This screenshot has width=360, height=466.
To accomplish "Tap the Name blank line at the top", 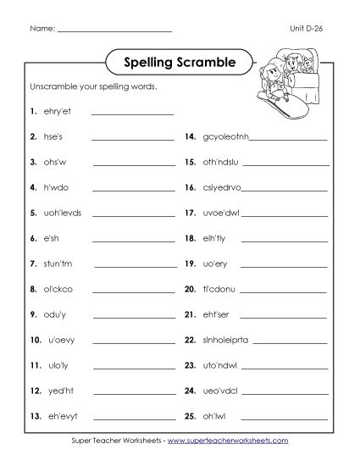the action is coord(114,31).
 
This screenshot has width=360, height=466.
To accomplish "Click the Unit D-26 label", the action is coord(307,28).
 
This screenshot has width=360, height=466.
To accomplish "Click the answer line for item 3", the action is coord(132,164).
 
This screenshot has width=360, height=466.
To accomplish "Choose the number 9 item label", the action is coord(32,314).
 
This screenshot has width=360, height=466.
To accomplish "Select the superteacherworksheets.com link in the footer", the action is coord(228,441).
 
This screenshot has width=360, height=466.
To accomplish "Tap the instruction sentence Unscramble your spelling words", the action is coord(93,87).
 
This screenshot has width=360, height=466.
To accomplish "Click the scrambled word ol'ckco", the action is coord(58,289).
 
